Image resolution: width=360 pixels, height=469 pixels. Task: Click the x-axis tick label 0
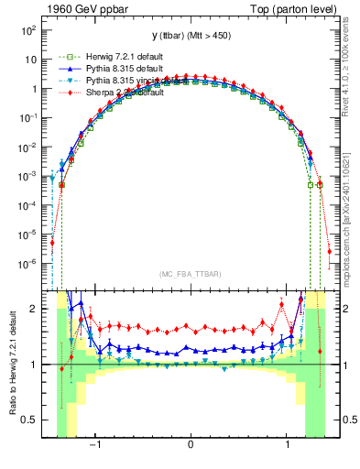(x=190, y=446)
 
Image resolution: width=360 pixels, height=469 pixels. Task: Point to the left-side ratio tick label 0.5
(x=31, y=420)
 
